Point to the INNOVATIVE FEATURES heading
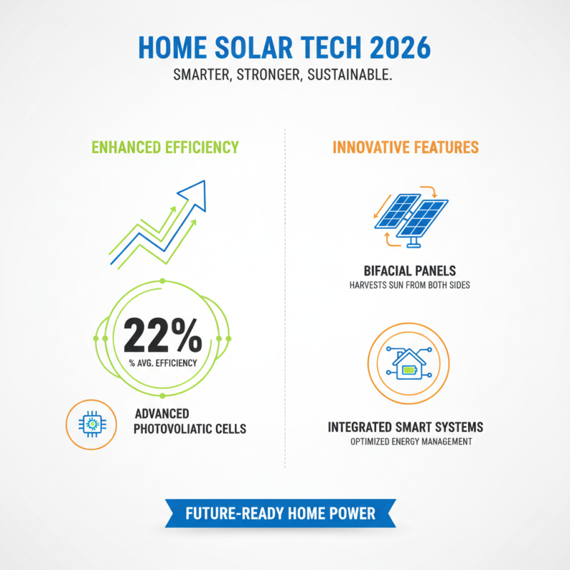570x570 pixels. click(x=405, y=147)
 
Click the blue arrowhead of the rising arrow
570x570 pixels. click(x=194, y=191)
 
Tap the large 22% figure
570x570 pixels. click(x=162, y=336)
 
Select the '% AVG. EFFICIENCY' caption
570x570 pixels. click(x=163, y=363)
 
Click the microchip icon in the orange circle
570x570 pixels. click(x=90, y=425)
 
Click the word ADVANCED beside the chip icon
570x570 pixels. click(x=162, y=414)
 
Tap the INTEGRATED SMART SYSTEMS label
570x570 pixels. click(x=405, y=427)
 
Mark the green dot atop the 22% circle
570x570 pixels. click(x=163, y=282)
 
